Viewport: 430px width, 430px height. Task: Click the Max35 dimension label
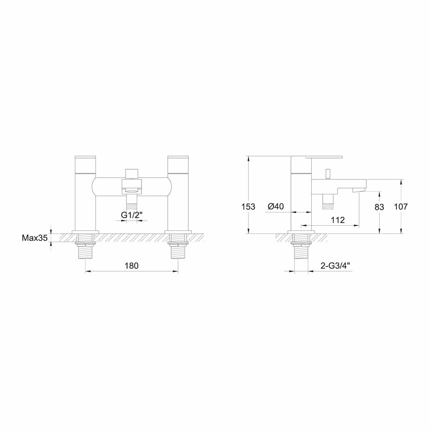tap(34, 238)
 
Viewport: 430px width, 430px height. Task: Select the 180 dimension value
tap(132, 265)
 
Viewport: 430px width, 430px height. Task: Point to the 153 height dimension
tap(249, 206)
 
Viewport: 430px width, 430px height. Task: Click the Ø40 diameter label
tap(276, 206)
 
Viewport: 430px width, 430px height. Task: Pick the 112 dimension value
tap(338, 220)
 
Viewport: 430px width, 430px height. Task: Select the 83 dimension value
tap(379, 207)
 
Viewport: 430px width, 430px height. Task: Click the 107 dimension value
tap(401, 206)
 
